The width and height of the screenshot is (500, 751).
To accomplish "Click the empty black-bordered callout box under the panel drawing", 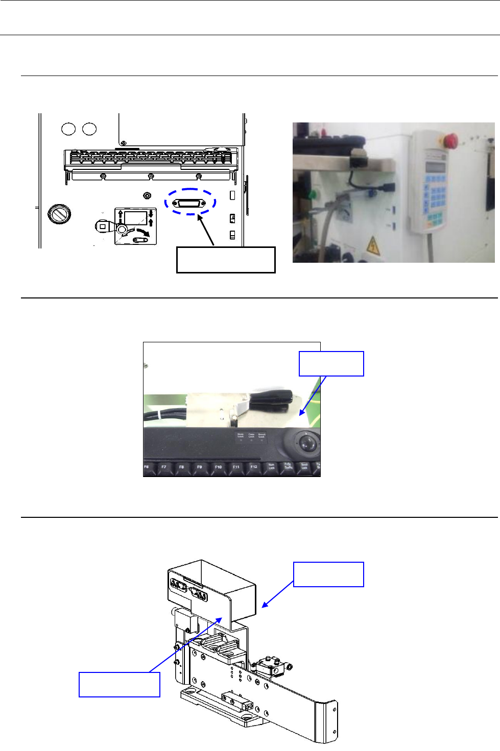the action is point(226,260).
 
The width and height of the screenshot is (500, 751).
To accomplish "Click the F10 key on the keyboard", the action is point(218,467).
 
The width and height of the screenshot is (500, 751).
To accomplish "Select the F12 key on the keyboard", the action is point(254,467).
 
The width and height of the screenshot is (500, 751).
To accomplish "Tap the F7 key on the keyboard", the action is point(164,467).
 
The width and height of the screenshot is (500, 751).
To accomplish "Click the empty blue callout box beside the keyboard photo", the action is point(331,364).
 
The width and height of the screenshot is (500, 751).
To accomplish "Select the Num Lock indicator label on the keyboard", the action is point(241,436).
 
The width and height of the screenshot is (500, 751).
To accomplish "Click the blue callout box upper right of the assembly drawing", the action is point(328,574).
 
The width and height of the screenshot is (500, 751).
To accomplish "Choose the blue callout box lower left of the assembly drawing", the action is point(120,685).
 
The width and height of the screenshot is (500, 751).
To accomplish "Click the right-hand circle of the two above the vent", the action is point(89,129).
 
